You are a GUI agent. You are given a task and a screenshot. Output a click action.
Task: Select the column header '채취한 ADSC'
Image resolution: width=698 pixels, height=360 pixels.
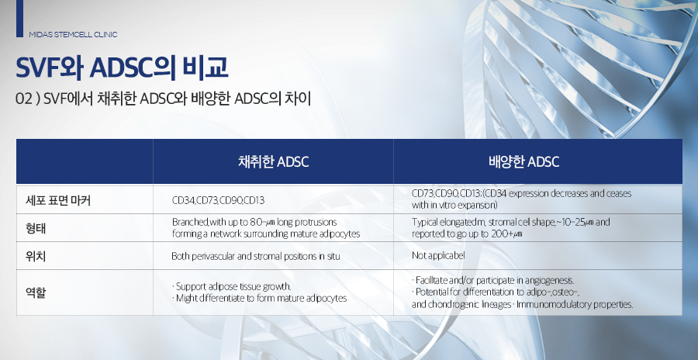pyautogui.click(x=273, y=161)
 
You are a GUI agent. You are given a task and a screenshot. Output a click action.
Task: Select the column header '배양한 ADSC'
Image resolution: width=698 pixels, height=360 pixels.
pyautogui.click(x=523, y=161)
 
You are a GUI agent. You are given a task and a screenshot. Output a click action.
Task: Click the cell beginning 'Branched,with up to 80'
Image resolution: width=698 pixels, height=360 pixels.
pyautogui.click(x=266, y=227)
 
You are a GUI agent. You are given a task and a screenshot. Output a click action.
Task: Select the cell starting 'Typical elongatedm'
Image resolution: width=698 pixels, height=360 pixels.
pyautogui.click(x=511, y=227)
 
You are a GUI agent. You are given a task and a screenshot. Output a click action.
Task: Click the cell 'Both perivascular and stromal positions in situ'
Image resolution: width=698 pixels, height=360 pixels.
pyautogui.click(x=255, y=255)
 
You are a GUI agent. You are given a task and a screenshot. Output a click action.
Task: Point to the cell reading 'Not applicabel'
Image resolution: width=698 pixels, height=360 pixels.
pyautogui.click(x=440, y=255)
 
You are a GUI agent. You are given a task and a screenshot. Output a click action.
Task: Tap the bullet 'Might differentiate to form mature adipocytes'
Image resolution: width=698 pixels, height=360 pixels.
pyautogui.click(x=261, y=298)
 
